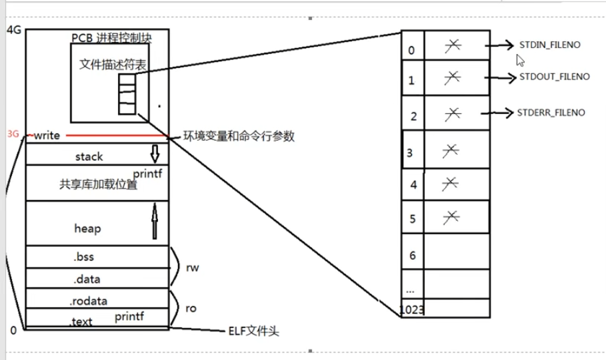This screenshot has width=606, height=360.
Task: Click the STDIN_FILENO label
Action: [550, 45]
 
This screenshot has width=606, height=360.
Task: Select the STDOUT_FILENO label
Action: [555, 77]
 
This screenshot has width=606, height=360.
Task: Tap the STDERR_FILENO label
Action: [551, 113]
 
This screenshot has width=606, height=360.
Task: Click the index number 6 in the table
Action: [413, 255]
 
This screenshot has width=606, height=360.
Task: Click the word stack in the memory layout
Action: [89, 157]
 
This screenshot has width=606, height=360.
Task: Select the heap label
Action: [87, 229]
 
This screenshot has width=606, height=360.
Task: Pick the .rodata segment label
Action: [87, 301]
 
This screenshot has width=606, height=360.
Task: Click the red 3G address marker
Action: [13, 134]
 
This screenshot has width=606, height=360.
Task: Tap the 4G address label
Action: [13, 30]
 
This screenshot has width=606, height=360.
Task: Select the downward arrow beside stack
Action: [155, 154]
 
